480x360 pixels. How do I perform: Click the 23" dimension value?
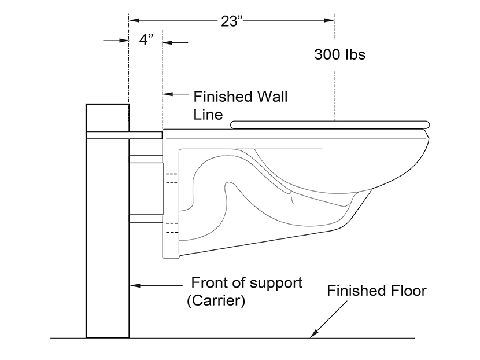coord(231,21)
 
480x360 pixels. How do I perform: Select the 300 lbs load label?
coord(340,55)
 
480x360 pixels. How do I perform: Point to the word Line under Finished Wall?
coord(208,114)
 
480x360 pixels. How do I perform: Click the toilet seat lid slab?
coord(330,123)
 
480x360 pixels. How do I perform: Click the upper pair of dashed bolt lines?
coord(171,179)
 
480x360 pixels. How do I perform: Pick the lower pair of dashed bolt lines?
coord(171,227)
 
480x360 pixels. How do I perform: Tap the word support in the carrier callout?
coord(274,283)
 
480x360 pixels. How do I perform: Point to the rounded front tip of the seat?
coord(427,123)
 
